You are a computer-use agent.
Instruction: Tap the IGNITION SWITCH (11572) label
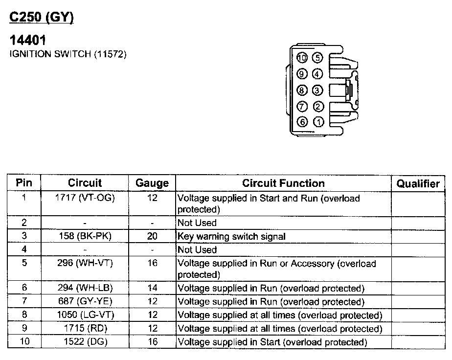click(68, 54)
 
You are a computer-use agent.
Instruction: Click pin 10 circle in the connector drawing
click(302, 58)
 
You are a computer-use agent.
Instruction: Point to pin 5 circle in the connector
click(318, 58)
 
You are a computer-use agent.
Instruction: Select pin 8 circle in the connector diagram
click(302, 90)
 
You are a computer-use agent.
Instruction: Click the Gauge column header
click(152, 183)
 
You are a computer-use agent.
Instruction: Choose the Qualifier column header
click(418, 183)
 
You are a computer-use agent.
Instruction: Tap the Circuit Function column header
click(283, 183)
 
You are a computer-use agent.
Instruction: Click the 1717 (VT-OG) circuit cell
click(85, 198)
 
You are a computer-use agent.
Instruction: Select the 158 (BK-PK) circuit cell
click(85, 236)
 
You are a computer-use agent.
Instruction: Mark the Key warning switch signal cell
click(231, 236)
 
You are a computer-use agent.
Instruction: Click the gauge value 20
click(152, 236)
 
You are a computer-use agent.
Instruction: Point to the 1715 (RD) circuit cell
click(85, 329)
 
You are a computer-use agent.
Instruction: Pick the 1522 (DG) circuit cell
click(85, 342)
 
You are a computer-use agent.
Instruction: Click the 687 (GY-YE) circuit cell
click(85, 302)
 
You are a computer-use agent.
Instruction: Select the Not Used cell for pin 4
click(197, 249)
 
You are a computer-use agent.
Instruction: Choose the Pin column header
click(24, 183)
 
